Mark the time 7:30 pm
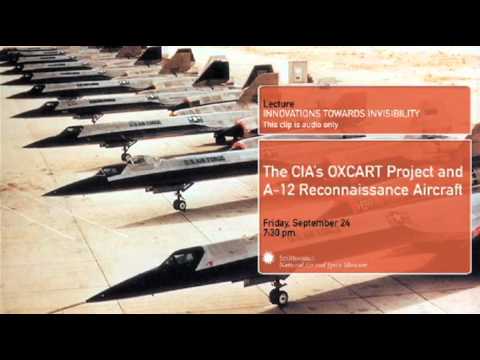(279, 232)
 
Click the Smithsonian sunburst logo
(269, 259)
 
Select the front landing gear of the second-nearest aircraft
(180, 202)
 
